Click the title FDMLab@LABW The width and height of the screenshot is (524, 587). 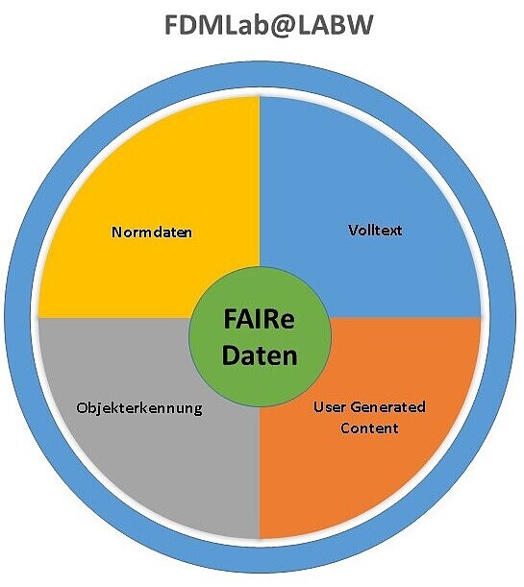point(269,25)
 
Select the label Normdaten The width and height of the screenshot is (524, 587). point(152,232)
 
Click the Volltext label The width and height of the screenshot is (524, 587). point(375,230)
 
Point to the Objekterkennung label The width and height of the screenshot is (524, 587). point(139,407)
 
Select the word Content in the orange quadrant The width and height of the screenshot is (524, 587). point(369,428)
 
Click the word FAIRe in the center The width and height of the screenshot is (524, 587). point(260,319)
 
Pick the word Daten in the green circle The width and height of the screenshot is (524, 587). point(260,355)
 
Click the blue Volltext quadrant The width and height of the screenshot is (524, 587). point(375,168)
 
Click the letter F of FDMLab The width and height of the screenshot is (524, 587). point(172,25)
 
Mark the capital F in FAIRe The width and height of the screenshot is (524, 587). point(231,319)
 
